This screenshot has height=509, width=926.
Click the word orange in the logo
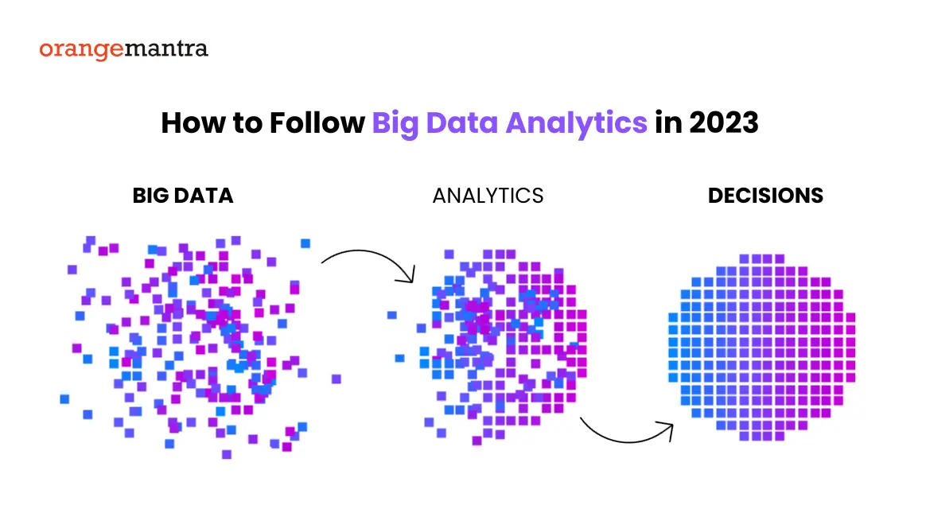(81, 49)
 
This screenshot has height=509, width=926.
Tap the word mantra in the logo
(166, 48)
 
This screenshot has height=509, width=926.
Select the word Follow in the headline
(317, 122)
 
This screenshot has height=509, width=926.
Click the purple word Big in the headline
(395, 124)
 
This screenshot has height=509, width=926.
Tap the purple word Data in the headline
(462, 122)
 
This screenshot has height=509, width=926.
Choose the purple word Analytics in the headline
(577, 124)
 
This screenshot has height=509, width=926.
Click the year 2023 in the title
(723, 122)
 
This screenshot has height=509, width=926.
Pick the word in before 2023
(668, 122)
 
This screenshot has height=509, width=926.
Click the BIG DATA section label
(183, 196)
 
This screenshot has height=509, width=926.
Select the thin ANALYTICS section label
(488, 196)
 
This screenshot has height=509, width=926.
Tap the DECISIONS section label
(765, 196)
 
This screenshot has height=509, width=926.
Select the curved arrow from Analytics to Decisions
(627, 441)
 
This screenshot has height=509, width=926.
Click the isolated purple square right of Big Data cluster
(336, 379)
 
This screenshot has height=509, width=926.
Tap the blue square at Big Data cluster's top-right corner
(305, 243)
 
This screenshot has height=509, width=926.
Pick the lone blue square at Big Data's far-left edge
(64, 399)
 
